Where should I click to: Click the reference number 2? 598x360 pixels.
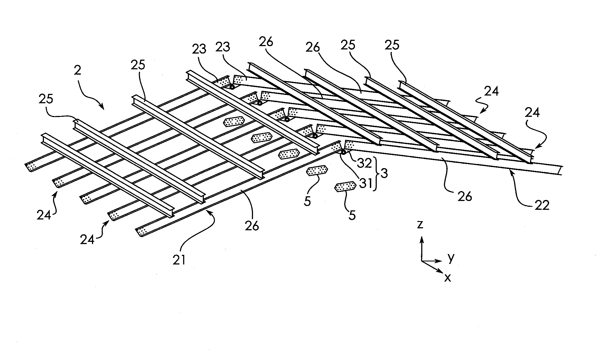pyautogui.click(x=78, y=71)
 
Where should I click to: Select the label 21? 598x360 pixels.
pyautogui.click(x=179, y=260)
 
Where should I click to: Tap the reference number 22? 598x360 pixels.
pyautogui.click(x=542, y=205)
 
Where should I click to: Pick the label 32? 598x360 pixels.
pyautogui.click(x=364, y=163)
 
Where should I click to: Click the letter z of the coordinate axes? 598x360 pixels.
pyautogui.click(x=420, y=225)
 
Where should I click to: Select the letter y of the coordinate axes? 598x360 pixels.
pyautogui.click(x=451, y=258)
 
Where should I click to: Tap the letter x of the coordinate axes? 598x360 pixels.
pyautogui.click(x=447, y=277)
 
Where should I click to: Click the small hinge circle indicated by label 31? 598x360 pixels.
pyautogui.click(x=344, y=152)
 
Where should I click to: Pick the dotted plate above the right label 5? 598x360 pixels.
pyautogui.click(x=345, y=187)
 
